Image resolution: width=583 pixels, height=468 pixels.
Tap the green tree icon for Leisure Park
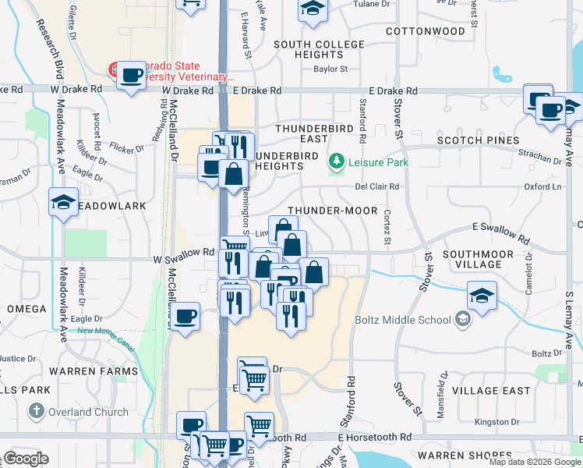tap(337, 162)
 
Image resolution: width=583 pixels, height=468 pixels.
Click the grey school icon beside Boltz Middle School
tap(463, 319)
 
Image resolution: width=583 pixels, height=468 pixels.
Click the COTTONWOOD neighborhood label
tap(426, 31)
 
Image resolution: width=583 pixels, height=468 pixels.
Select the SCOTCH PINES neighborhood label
tap(478, 140)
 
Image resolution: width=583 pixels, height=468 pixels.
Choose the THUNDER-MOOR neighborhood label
tap(332, 211)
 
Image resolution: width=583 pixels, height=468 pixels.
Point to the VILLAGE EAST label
tap(491, 390)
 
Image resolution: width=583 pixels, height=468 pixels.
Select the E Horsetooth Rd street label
tap(375, 438)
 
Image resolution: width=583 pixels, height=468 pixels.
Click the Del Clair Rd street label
tap(376, 186)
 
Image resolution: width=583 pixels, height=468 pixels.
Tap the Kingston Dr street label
tap(491, 422)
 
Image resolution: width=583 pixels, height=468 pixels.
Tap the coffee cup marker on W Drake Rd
tap(132, 76)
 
